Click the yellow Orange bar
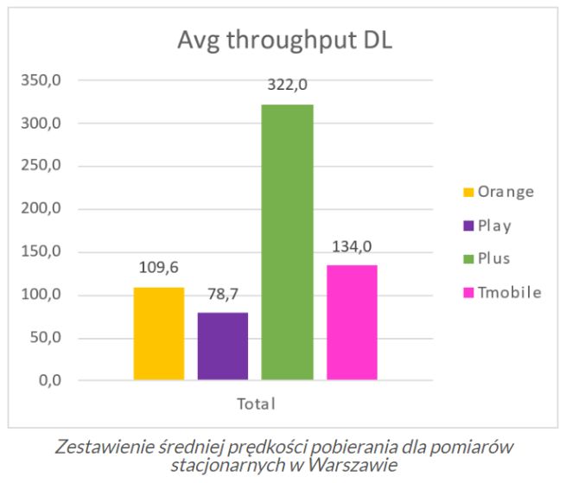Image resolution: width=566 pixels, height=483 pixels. [x=159, y=334]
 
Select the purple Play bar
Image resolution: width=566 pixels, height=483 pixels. [x=223, y=346]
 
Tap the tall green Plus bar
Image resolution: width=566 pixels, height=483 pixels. [x=287, y=242]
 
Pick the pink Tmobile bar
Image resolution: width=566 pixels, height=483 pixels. [x=352, y=322]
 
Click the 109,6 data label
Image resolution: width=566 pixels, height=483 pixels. [x=159, y=268]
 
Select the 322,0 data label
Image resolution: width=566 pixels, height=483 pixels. [x=288, y=85]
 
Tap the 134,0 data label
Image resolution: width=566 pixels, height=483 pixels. [x=352, y=247]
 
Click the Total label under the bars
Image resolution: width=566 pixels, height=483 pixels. [x=256, y=404]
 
